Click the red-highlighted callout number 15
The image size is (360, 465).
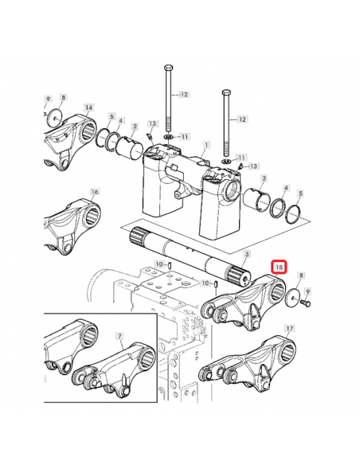click(x=279, y=268)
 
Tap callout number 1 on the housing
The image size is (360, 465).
click(x=206, y=145)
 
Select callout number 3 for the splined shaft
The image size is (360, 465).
click(x=247, y=254)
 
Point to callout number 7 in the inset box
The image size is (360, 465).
click(x=119, y=336)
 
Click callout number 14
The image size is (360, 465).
click(x=88, y=107)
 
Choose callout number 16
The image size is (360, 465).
click(x=95, y=192)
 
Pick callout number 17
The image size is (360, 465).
click(x=289, y=328)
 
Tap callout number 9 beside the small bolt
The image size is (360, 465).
click(x=307, y=291)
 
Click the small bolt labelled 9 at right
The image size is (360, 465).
click(x=305, y=303)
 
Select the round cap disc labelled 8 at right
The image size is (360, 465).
click(x=292, y=299)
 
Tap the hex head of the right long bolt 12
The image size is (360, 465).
click(x=226, y=92)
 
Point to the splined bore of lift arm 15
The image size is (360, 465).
click(x=277, y=291)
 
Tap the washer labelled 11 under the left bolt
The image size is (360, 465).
click(x=168, y=137)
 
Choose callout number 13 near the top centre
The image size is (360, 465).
click(x=152, y=123)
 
